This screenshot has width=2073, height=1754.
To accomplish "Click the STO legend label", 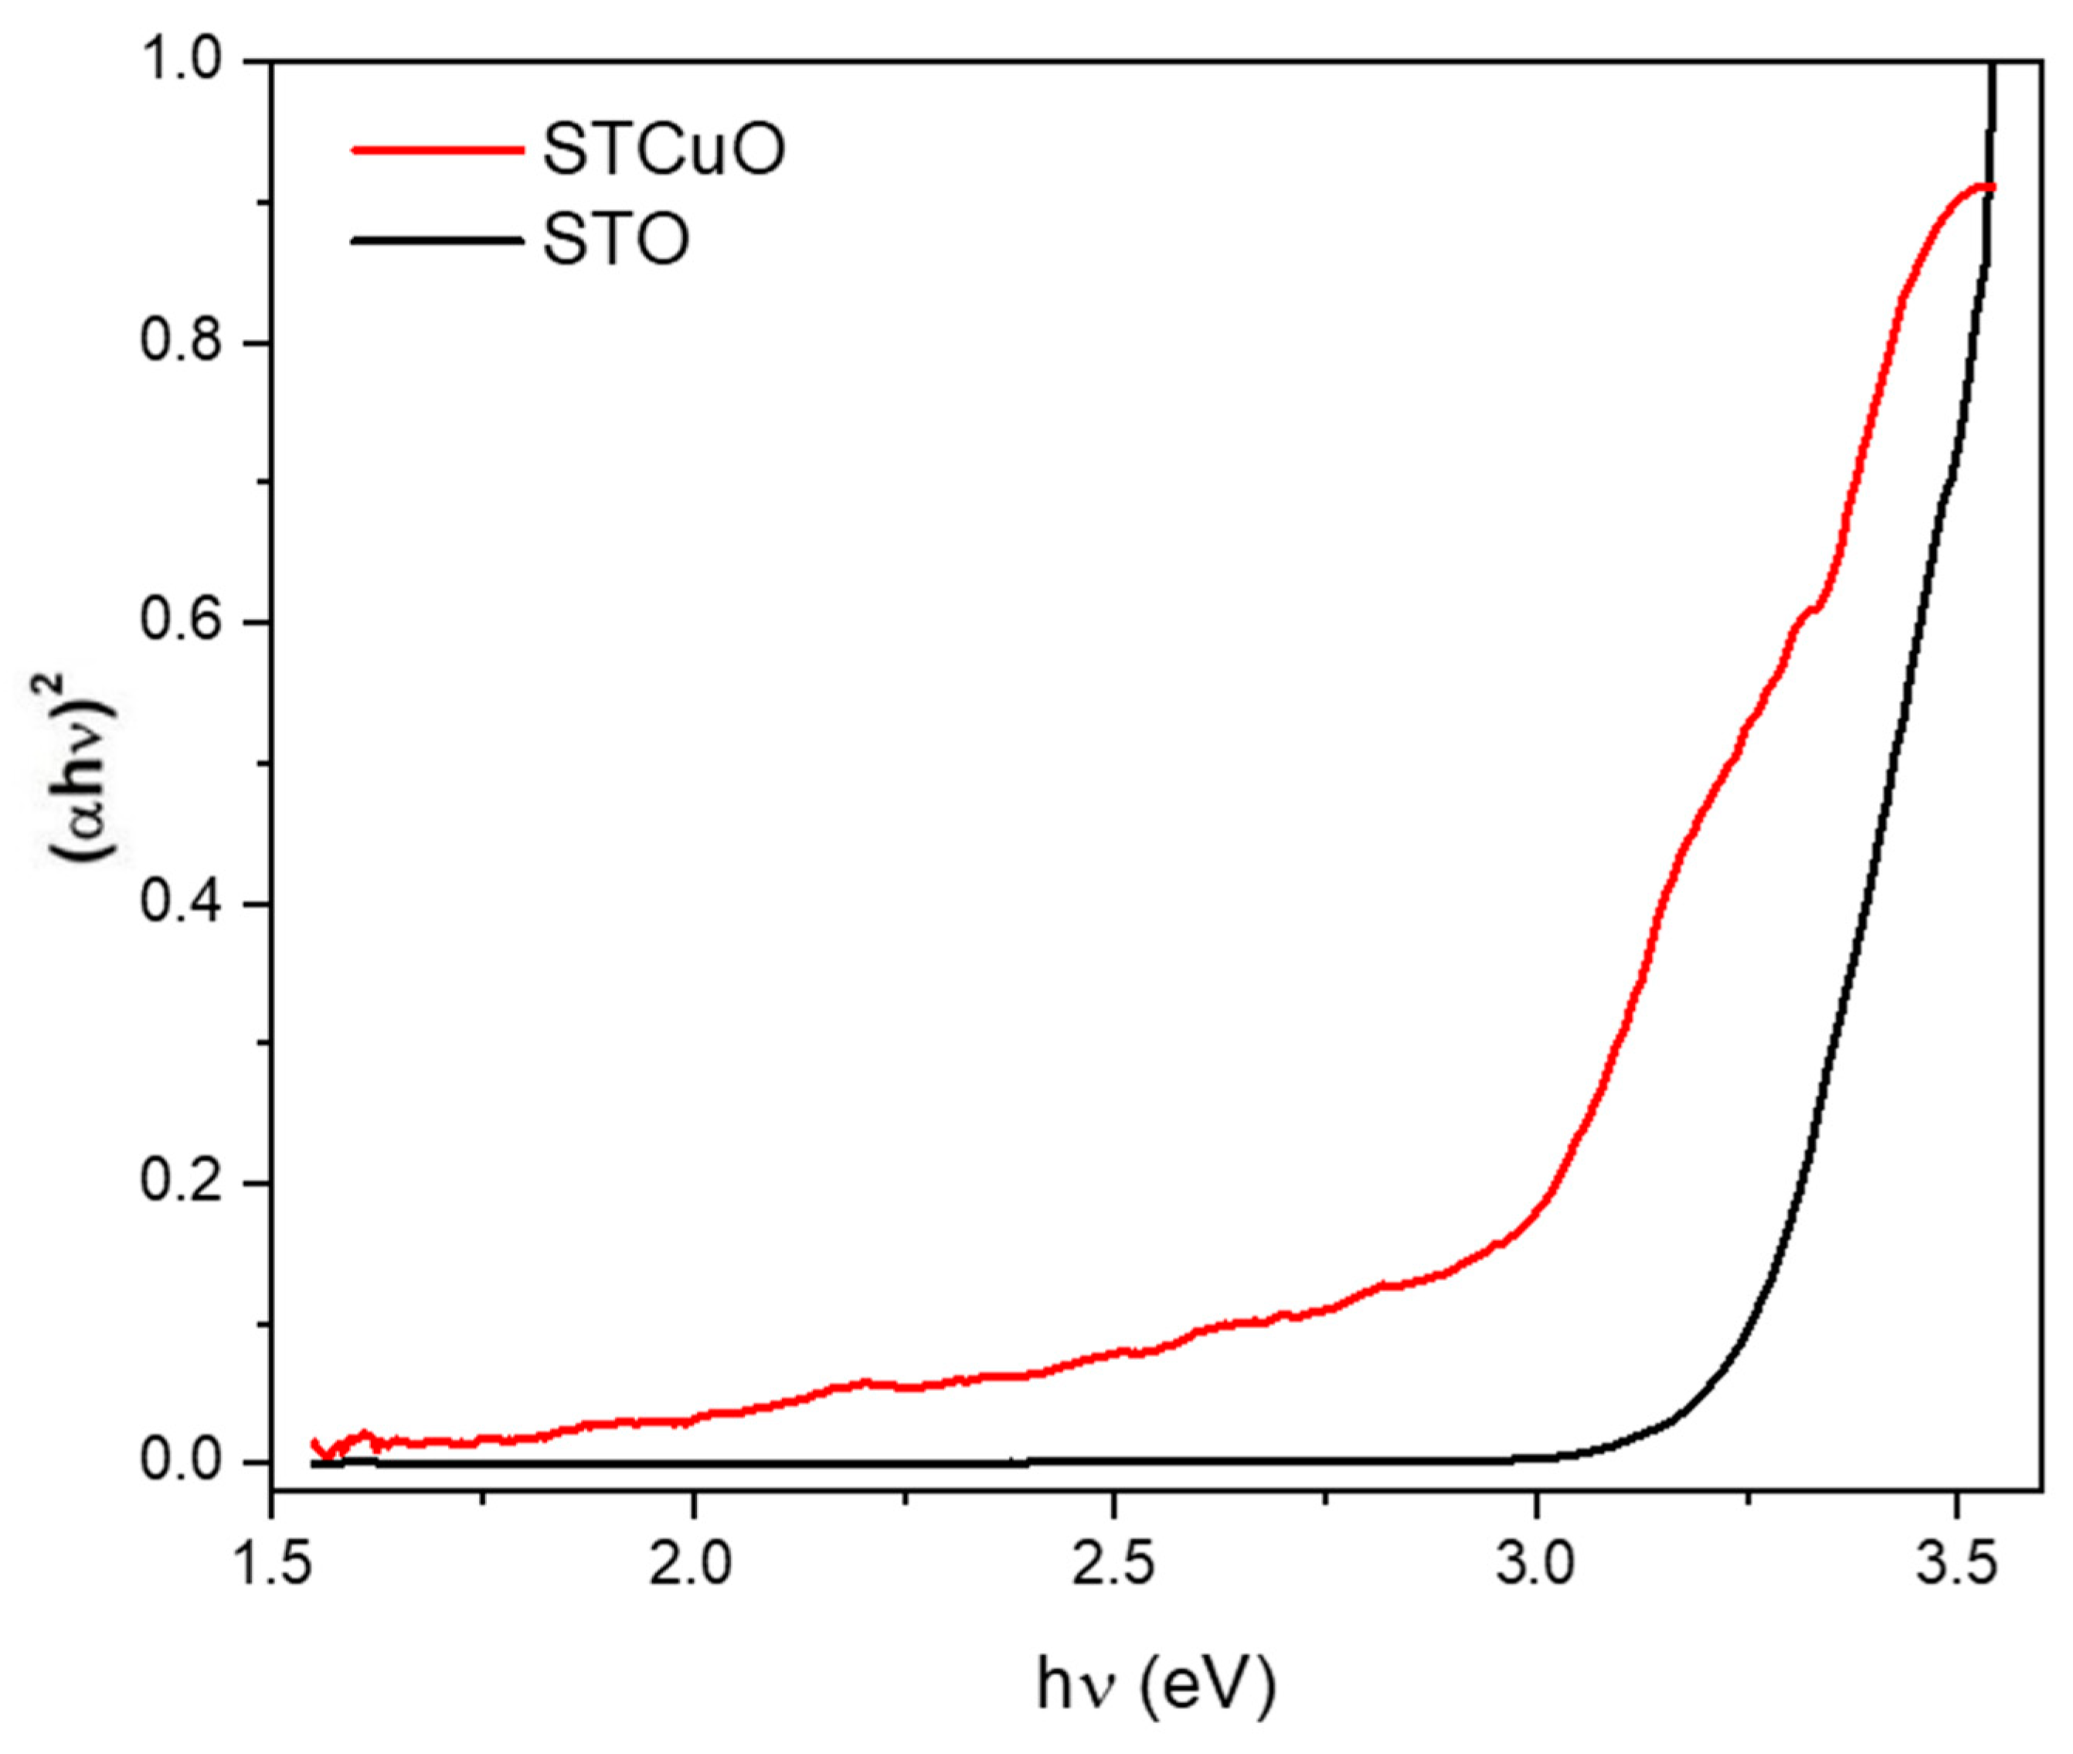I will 616,240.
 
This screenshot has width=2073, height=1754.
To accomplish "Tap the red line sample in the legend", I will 437,150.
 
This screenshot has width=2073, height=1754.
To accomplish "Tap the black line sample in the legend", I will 437,240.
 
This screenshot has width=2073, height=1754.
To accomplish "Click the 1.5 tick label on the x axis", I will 270,1565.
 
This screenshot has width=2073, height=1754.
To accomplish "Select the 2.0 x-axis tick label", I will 693,1565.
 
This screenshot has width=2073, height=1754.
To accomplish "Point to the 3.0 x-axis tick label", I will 1536,1565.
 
